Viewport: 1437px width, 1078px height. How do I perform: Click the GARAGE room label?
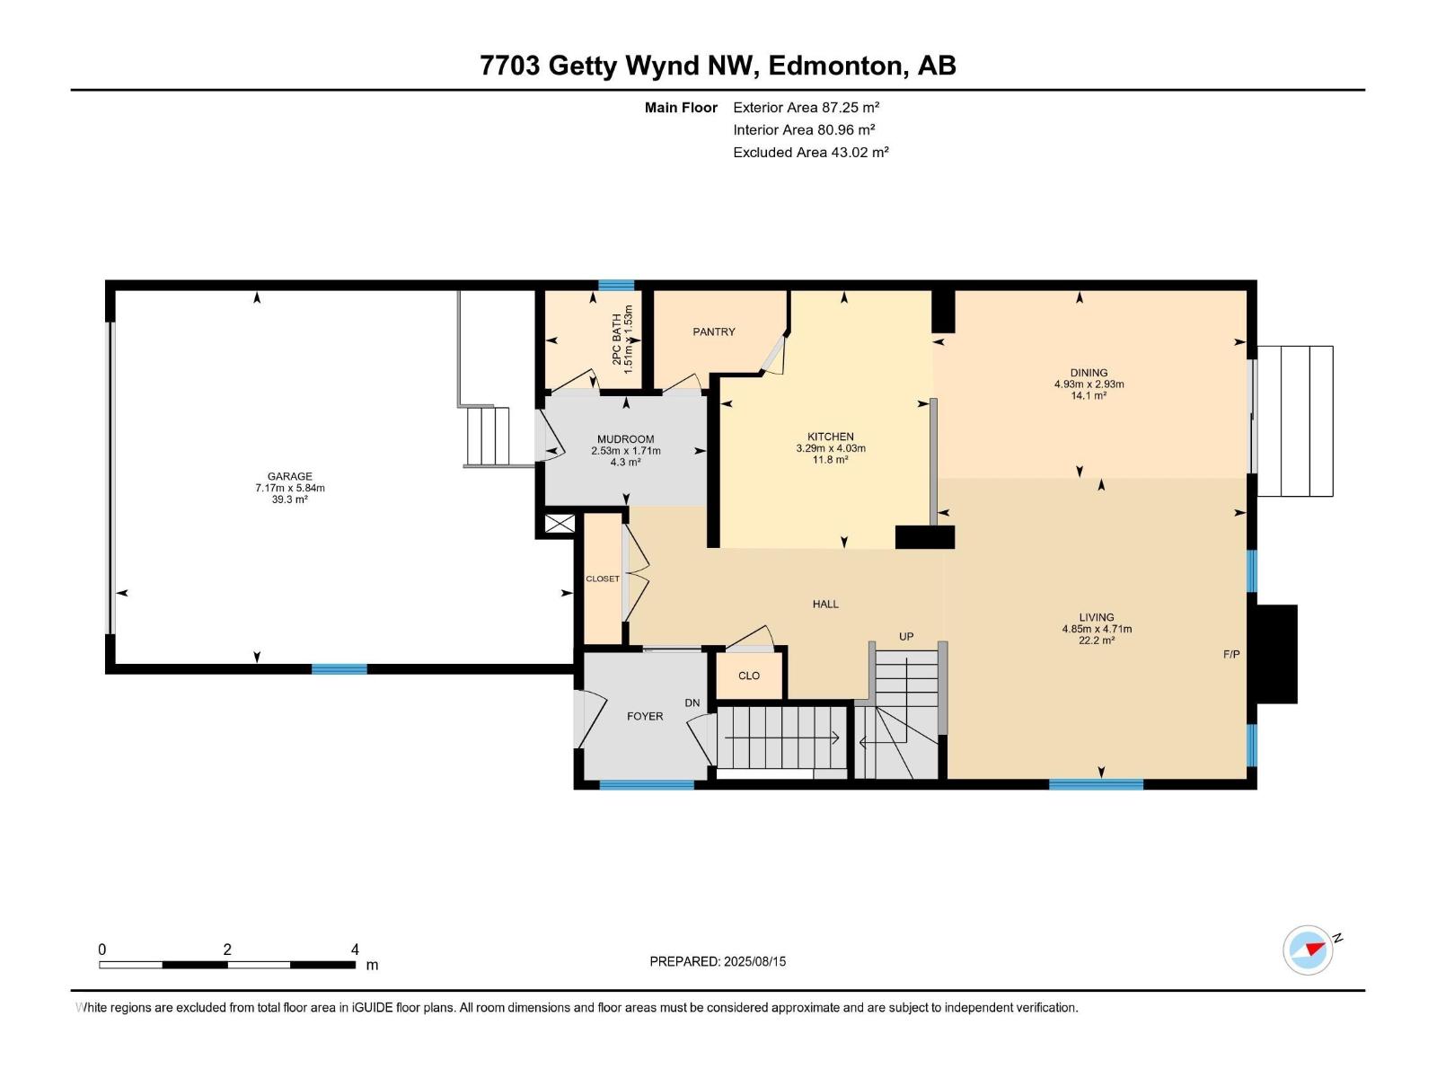(289, 476)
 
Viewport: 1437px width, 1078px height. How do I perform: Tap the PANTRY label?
(714, 331)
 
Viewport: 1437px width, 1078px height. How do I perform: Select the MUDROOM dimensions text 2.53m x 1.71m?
(626, 451)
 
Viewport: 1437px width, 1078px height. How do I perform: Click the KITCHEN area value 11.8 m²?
(830, 459)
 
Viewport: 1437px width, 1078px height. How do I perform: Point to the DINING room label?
(1089, 372)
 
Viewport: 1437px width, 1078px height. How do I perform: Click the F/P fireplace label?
(1231, 654)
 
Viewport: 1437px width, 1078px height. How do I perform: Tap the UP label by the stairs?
(906, 636)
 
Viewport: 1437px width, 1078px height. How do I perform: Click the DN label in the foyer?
(692, 702)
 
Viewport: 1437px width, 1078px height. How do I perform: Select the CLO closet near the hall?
(749, 676)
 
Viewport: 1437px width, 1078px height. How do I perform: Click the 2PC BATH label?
(616, 339)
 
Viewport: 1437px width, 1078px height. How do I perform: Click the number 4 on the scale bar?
(355, 950)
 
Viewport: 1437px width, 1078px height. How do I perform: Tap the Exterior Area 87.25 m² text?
(806, 107)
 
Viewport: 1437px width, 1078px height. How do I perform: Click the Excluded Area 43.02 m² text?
(810, 152)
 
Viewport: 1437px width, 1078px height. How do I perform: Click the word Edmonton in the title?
(835, 66)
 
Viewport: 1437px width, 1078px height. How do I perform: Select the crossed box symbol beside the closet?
(560, 524)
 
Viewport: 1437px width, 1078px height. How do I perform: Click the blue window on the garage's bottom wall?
(339, 668)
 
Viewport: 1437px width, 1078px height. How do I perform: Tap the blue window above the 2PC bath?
(616, 286)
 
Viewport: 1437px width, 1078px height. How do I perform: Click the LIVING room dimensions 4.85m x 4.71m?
(1097, 629)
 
